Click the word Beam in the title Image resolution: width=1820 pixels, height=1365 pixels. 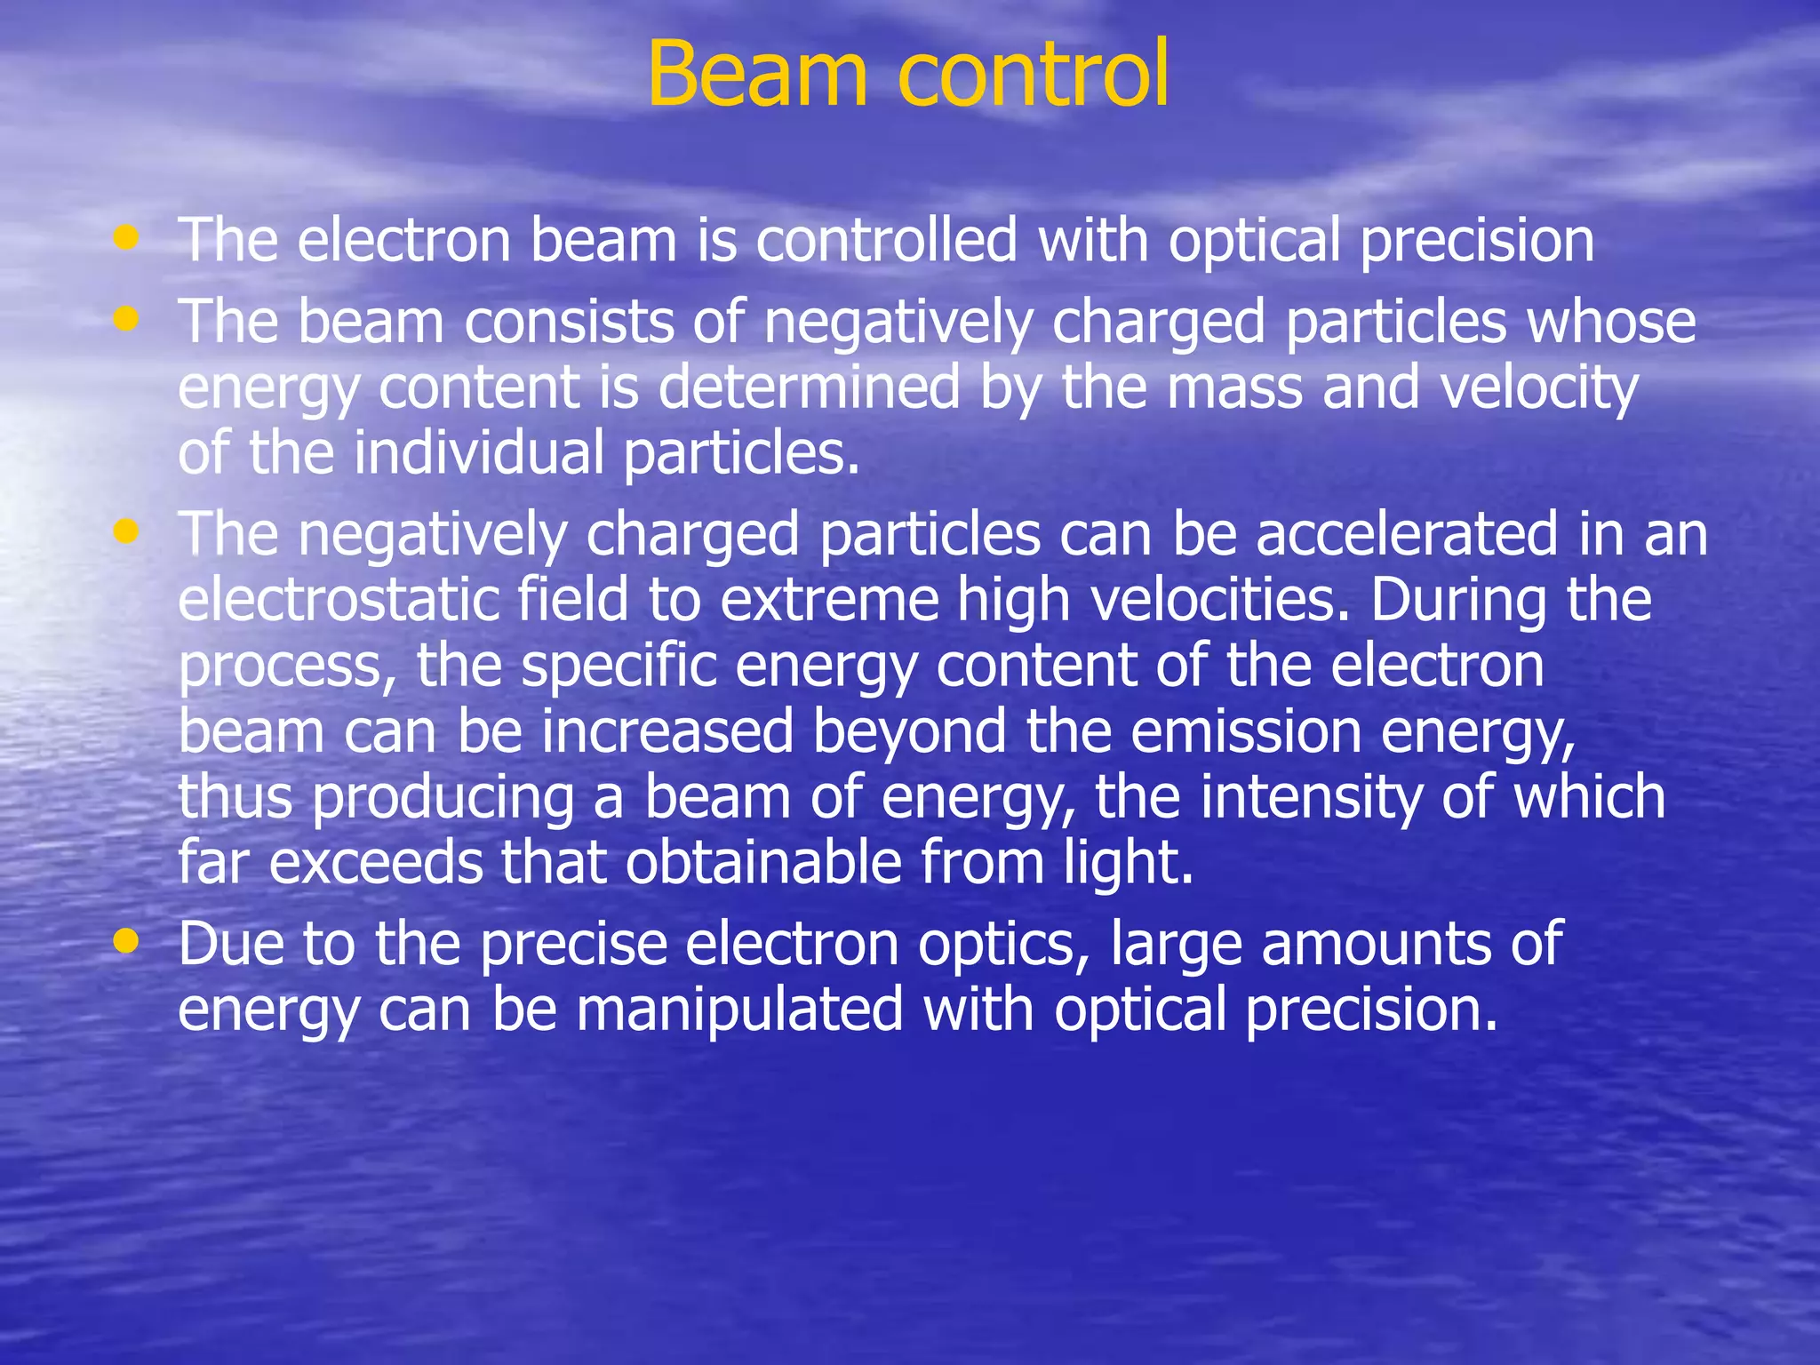pyautogui.click(x=756, y=75)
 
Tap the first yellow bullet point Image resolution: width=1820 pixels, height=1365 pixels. pyautogui.click(x=127, y=237)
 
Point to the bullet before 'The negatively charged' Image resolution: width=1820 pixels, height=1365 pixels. pyautogui.click(x=127, y=531)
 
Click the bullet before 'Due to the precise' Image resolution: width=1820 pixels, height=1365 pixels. pyautogui.click(x=127, y=940)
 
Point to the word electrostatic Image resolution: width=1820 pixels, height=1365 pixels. pyautogui.click(x=338, y=600)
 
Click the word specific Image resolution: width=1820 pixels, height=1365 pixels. pyautogui.click(x=619, y=667)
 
